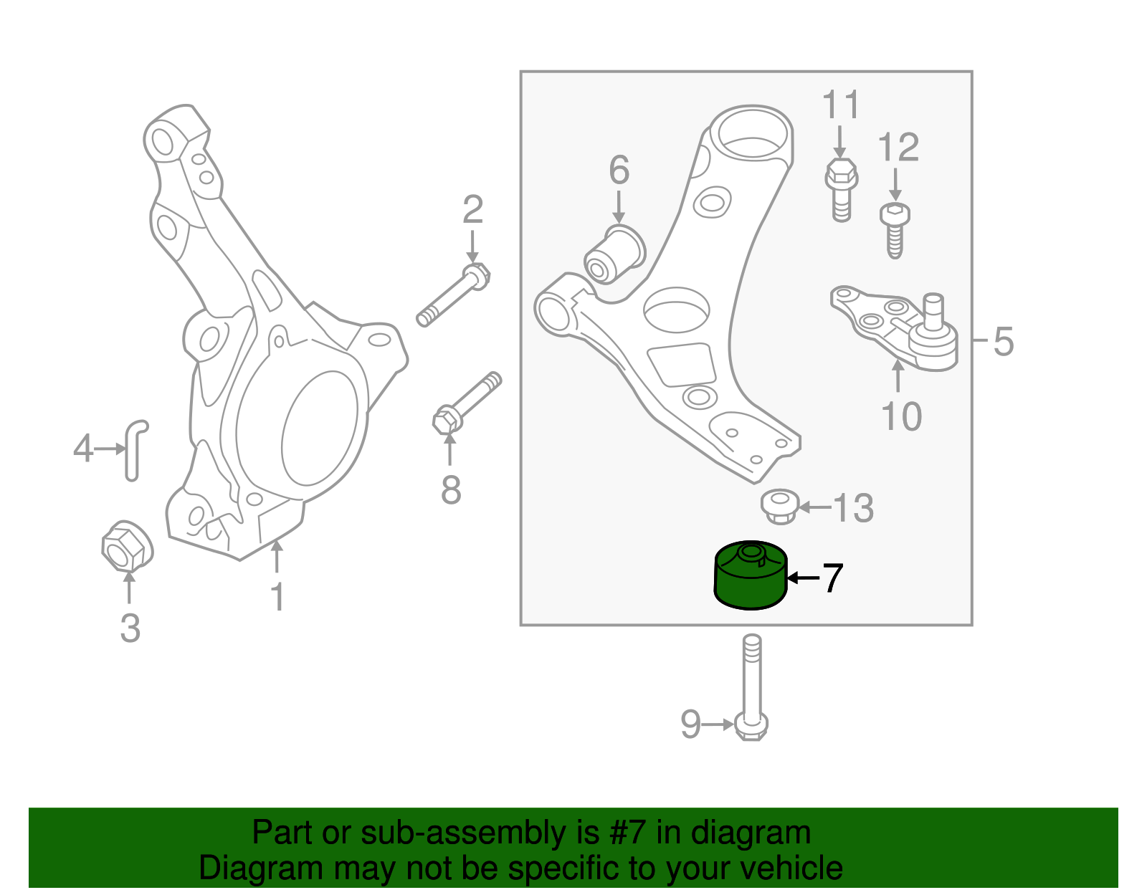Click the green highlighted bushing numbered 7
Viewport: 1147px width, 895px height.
coord(751,578)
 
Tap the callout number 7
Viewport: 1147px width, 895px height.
coord(832,578)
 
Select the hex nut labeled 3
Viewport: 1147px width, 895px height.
coord(127,547)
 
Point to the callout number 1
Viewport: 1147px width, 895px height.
coord(277,597)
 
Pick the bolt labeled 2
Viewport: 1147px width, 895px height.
coord(453,297)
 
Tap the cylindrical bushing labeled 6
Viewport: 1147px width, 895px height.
coord(614,254)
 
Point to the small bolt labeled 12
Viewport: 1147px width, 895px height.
coord(894,228)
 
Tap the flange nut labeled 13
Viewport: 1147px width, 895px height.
coord(779,507)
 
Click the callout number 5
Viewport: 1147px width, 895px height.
coord(1004,341)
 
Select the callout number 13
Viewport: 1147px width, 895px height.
coord(853,508)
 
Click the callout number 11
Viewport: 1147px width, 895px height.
coord(840,105)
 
